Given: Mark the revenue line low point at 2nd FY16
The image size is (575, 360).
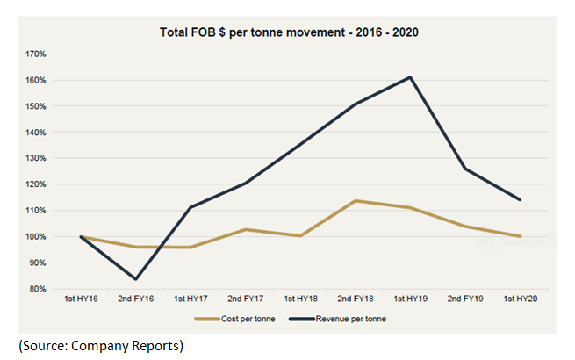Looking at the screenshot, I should click(x=137, y=279).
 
